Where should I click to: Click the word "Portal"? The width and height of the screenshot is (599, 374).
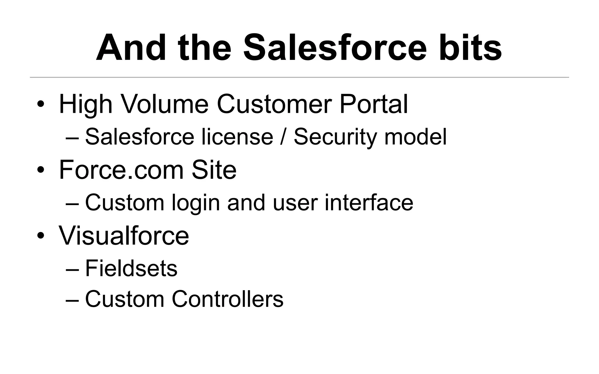pos(373,104)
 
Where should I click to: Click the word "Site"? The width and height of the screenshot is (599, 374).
pos(214,170)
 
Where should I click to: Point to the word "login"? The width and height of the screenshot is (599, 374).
pos(196,203)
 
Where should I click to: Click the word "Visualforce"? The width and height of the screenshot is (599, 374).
pos(124,236)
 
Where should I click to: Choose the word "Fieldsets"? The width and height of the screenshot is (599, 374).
pos(131,268)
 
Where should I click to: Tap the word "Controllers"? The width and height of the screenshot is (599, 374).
pos(228,299)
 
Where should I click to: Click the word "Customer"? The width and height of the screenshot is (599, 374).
pos(274,104)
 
